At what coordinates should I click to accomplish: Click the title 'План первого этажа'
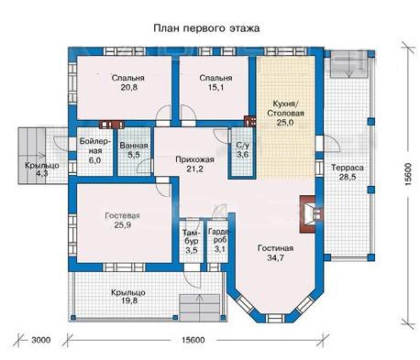(x=206, y=28)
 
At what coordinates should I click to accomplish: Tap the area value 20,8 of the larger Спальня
(x=128, y=87)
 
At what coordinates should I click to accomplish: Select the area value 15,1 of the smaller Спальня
(x=216, y=88)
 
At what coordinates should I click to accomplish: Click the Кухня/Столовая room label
(x=285, y=108)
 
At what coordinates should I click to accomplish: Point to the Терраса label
(x=348, y=168)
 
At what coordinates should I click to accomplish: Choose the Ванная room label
(x=134, y=146)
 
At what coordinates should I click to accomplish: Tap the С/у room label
(x=242, y=146)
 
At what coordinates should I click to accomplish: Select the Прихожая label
(x=194, y=159)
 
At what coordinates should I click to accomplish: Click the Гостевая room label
(x=122, y=215)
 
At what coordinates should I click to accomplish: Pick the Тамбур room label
(x=191, y=236)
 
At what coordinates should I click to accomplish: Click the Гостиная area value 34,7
(x=275, y=257)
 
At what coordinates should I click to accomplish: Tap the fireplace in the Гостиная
(x=310, y=214)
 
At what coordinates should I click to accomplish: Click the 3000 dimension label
(x=40, y=340)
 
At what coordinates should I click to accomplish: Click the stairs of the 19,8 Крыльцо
(x=199, y=307)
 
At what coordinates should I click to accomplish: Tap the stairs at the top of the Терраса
(x=348, y=64)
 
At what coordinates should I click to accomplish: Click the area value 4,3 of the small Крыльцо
(x=41, y=173)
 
